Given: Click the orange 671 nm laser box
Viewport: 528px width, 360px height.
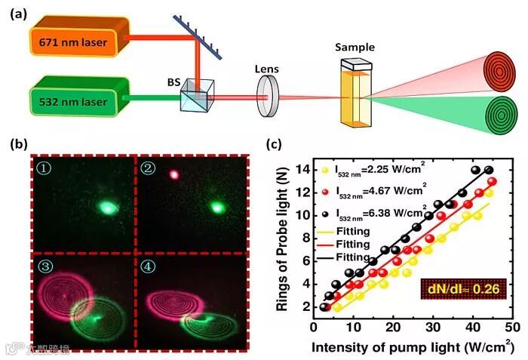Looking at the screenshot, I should click(x=74, y=41).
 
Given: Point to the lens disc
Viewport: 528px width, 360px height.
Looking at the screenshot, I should click(x=266, y=97).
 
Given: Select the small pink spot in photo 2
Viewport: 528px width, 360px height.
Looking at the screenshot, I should click(x=175, y=174).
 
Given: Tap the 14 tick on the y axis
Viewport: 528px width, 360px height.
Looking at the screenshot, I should click(x=305, y=169).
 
